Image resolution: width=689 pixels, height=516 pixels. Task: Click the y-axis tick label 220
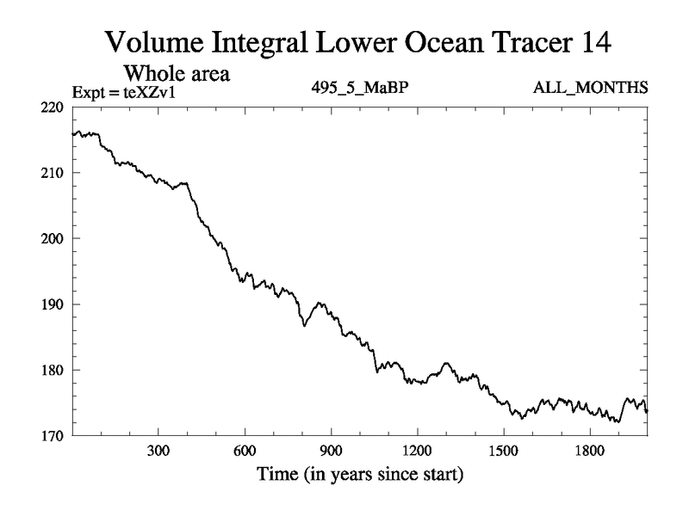[x=53, y=107]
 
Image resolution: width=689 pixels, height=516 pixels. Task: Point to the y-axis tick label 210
[x=53, y=173]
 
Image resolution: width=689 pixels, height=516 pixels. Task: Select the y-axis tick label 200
[x=53, y=238]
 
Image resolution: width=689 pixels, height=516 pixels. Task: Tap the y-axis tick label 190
[x=53, y=304]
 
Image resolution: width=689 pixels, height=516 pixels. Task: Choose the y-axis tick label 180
[x=53, y=370]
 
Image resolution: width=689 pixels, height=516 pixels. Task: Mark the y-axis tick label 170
[x=53, y=436]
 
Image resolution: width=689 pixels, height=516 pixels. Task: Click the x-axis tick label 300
[x=158, y=451]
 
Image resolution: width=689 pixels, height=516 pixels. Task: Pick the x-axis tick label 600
[x=245, y=451]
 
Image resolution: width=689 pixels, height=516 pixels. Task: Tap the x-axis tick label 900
[x=331, y=451]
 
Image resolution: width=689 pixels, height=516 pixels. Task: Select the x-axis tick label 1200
[x=417, y=451]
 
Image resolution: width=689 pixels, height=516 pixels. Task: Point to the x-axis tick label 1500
[x=503, y=451]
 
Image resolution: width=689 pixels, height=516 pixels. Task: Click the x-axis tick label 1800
[x=589, y=451]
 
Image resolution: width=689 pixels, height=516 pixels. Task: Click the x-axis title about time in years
[x=358, y=474]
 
